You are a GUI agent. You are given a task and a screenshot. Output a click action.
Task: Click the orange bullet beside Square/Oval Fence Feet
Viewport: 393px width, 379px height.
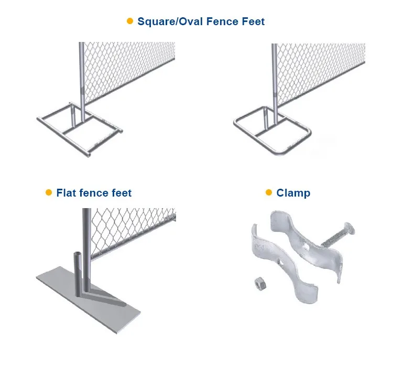[130, 21]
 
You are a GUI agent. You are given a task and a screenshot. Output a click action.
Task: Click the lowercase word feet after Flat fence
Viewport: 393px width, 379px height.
[122, 193]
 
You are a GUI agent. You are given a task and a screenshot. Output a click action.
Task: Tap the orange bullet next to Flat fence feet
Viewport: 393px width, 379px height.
[49, 192]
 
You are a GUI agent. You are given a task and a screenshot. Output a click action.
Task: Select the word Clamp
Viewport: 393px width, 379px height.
[293, 193]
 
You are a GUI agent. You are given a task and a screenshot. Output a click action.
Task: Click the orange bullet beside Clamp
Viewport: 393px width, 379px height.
[269, 192]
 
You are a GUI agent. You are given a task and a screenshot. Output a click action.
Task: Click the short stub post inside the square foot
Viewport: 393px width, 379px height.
[73, 116]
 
